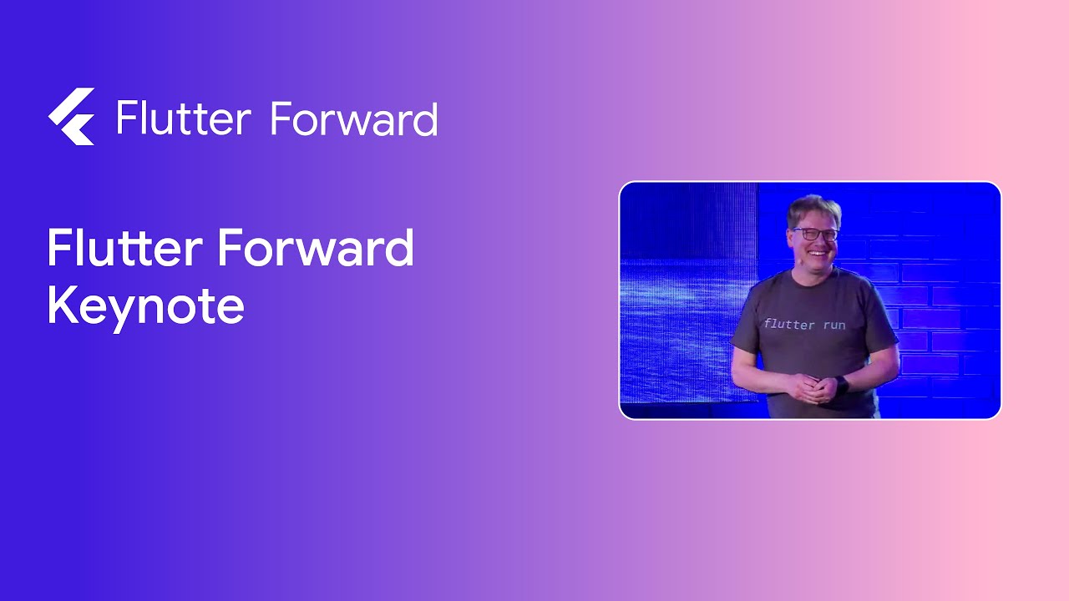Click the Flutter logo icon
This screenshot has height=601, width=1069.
point(72,117)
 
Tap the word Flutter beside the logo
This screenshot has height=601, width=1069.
point(183,118)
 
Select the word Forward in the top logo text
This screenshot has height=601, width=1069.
point(354,119)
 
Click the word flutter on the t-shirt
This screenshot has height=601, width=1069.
point(788,324)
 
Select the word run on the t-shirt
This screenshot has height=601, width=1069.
point(833,324)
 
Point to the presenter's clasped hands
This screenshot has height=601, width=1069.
point(812,388)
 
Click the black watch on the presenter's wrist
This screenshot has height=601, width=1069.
point(841,385)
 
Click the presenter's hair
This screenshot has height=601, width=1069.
point(813,208)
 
